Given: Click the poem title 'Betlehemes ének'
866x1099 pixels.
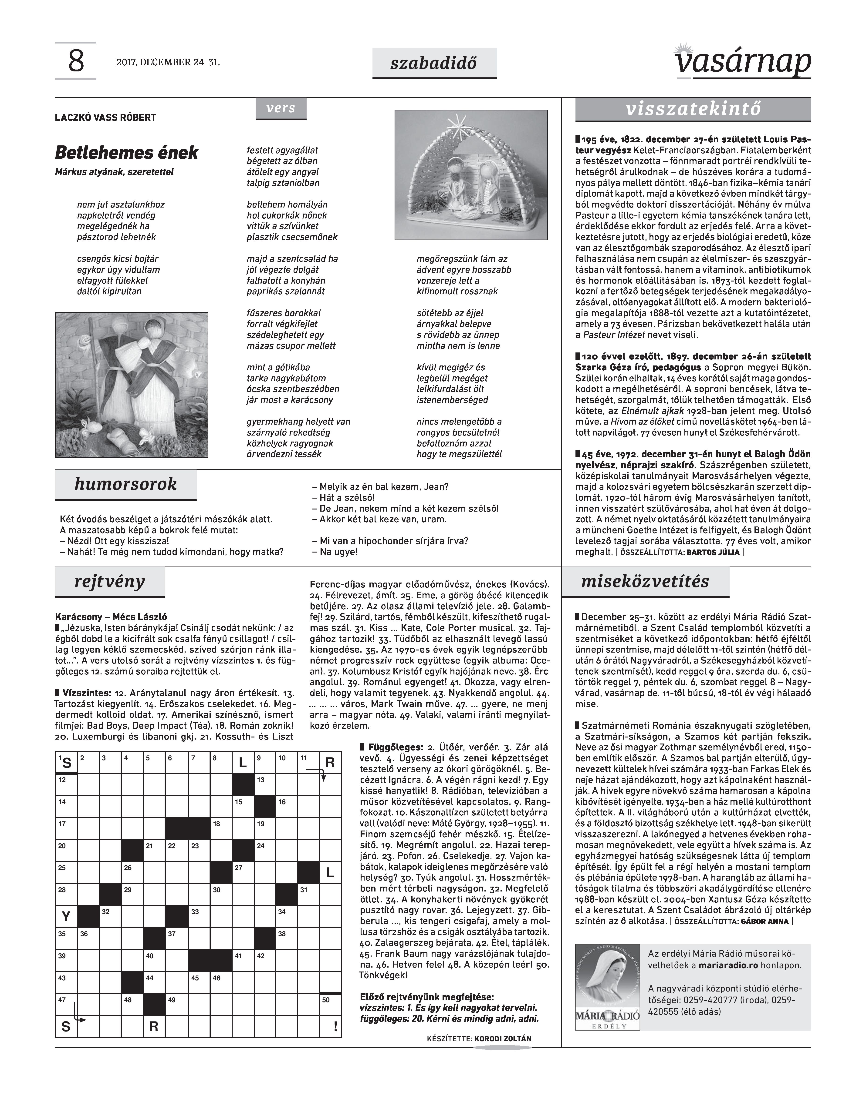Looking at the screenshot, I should (126, 153).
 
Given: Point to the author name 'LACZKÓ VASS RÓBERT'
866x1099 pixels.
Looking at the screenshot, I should (105, 117).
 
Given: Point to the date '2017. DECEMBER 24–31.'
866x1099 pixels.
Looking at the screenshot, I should (168, 63).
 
